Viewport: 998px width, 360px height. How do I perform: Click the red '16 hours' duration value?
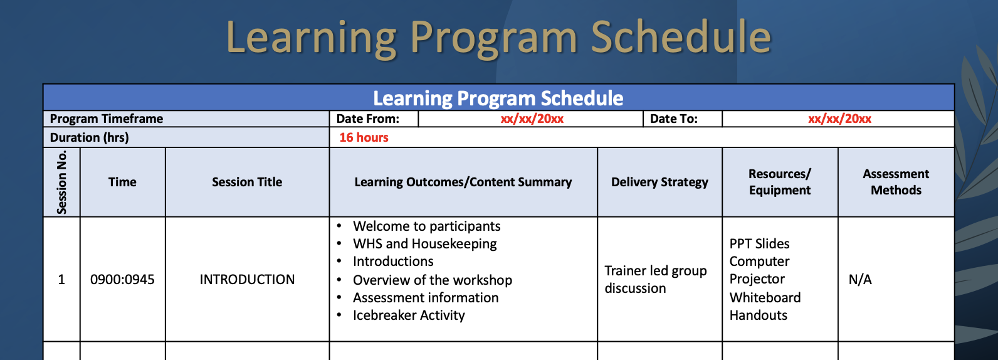[x=364, y=137]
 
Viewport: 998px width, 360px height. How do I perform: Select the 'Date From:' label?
[x=367, y=119]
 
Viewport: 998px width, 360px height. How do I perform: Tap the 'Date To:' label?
[x=673, y=119]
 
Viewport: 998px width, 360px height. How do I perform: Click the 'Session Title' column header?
[x=247, y=182]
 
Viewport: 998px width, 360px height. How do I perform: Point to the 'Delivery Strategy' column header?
[x=659, y=182]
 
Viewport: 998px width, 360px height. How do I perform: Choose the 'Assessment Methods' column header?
[x=896, y=182]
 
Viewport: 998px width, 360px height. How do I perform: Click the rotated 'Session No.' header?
[x=61, y=183]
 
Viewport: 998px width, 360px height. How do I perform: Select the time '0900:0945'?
[x=122, y=280]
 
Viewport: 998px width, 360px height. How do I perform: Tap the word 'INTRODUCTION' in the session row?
[x=247, y=280]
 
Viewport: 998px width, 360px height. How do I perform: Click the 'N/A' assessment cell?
[x=860, y=280]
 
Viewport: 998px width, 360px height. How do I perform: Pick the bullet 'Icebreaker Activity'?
[x=409, y=315]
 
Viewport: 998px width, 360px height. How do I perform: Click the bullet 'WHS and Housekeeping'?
[x=424, y=244]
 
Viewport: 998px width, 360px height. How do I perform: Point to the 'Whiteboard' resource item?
[x=765, y=298]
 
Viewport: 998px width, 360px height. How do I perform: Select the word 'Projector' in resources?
[x=757, y=279]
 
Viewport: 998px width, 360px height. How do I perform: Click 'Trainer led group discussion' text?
[x=655, y=279]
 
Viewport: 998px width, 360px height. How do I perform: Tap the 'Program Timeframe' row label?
[x=107, y=119]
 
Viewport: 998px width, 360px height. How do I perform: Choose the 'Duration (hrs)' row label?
[x=89, y=137]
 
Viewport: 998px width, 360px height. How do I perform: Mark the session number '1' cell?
[x=61, y=280]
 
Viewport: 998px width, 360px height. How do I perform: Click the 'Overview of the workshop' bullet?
[x=433, y=280]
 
